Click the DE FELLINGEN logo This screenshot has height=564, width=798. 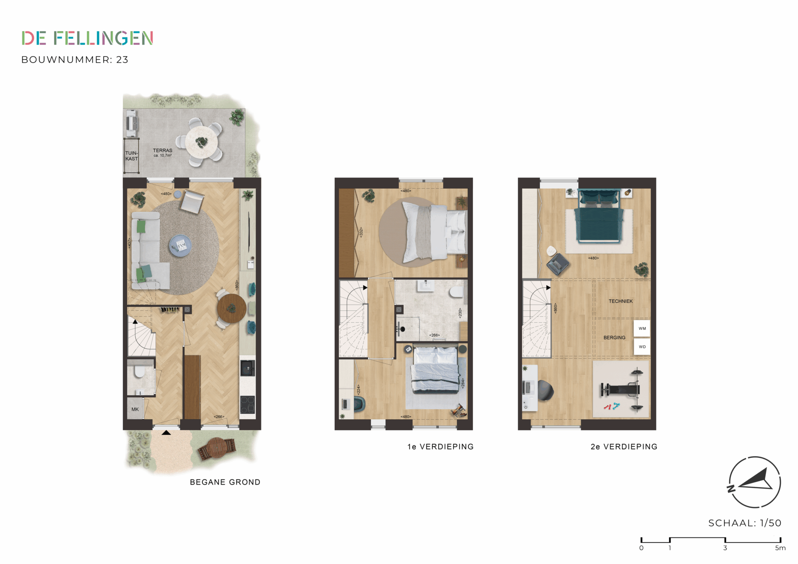[87, 38]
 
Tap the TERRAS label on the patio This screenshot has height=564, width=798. [163, 151]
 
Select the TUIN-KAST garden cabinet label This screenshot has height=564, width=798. [132, 156]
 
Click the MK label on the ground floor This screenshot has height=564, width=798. [135, 409]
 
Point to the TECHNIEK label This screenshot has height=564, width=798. [620, 301]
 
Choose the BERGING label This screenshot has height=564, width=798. [614, 337]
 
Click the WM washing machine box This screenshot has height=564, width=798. [642, 328]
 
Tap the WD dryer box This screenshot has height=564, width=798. [642, 347]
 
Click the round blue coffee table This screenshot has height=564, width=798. [180, 246]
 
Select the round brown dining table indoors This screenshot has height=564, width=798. [231, 308]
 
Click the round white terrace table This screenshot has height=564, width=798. [202, 142]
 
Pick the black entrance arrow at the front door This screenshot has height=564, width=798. [166, 432]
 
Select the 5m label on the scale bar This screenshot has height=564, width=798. [780, 548]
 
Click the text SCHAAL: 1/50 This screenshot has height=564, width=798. [745, 523]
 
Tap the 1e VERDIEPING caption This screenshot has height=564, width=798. [440, 447]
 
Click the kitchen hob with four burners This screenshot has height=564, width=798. [247, 404]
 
